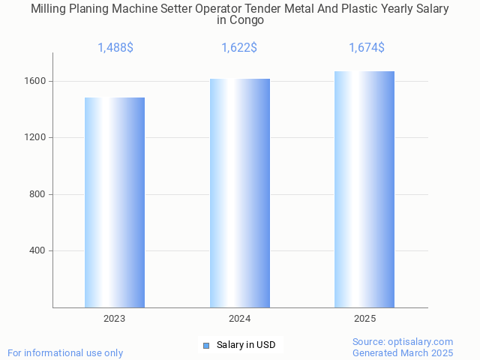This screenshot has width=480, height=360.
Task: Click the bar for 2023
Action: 115,202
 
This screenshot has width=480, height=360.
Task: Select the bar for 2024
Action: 240,193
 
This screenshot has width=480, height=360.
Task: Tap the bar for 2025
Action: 364,189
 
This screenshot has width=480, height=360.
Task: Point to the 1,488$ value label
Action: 115,48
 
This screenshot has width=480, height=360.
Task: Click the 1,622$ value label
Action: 239,48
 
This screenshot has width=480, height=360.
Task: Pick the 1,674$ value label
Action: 367,48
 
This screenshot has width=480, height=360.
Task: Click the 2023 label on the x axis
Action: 115,319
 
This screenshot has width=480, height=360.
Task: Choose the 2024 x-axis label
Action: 240,319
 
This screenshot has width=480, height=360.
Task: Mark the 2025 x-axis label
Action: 364,319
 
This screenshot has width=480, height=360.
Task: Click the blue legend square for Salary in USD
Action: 206,346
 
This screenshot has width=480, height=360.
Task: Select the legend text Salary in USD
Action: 246,346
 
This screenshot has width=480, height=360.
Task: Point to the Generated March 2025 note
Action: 403,352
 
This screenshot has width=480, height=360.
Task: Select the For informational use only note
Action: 65,352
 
